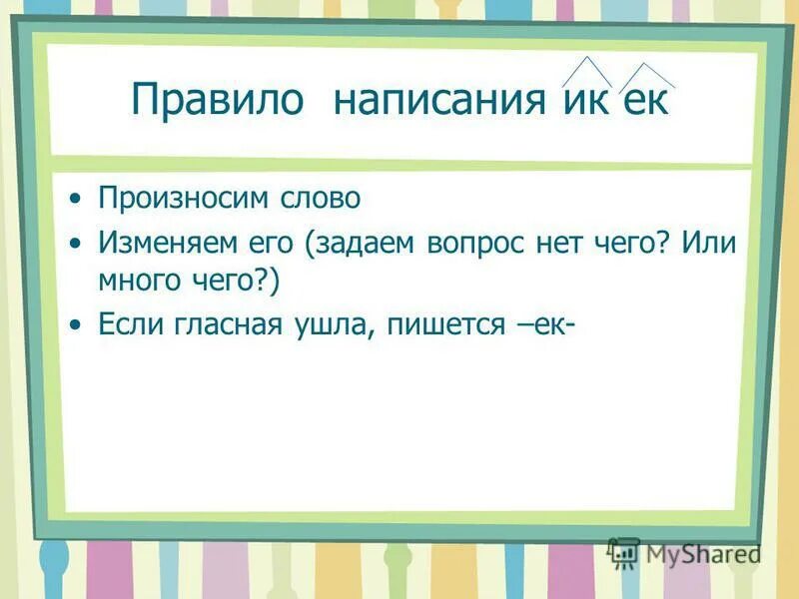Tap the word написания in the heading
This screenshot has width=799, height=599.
tap(438, 102)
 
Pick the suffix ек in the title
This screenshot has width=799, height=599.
tap(645, 103)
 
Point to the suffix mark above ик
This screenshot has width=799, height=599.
tap(587, 71)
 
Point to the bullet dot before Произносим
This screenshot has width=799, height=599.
tap(77, 199)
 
